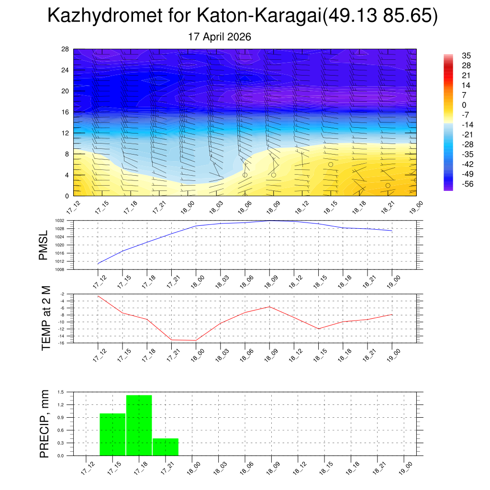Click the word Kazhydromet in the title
tap(105, 15)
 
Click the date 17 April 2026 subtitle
tap(219, 37)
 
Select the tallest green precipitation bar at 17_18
tap(139, 425)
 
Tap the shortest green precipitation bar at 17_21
tap(166, 447)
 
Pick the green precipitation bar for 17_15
tap(112, 434)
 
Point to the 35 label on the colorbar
tap(466, 56)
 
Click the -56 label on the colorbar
tap(468, 184)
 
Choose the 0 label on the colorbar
tap(464, 105)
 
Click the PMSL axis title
tap(43, 245)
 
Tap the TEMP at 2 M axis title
tap(45, 318)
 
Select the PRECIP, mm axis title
tap(45, 424)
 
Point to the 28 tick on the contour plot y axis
tap(65, 49)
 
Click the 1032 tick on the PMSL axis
tap(60, 221)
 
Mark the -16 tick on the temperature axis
tap(62, 343)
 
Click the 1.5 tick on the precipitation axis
tap(61, 392)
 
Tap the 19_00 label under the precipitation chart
tap(406, 468)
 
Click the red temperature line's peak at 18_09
tap(270, 307)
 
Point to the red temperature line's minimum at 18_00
tap(196, 340)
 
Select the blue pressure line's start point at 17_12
tap(98, 264)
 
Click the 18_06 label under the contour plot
tap(245, 208)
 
